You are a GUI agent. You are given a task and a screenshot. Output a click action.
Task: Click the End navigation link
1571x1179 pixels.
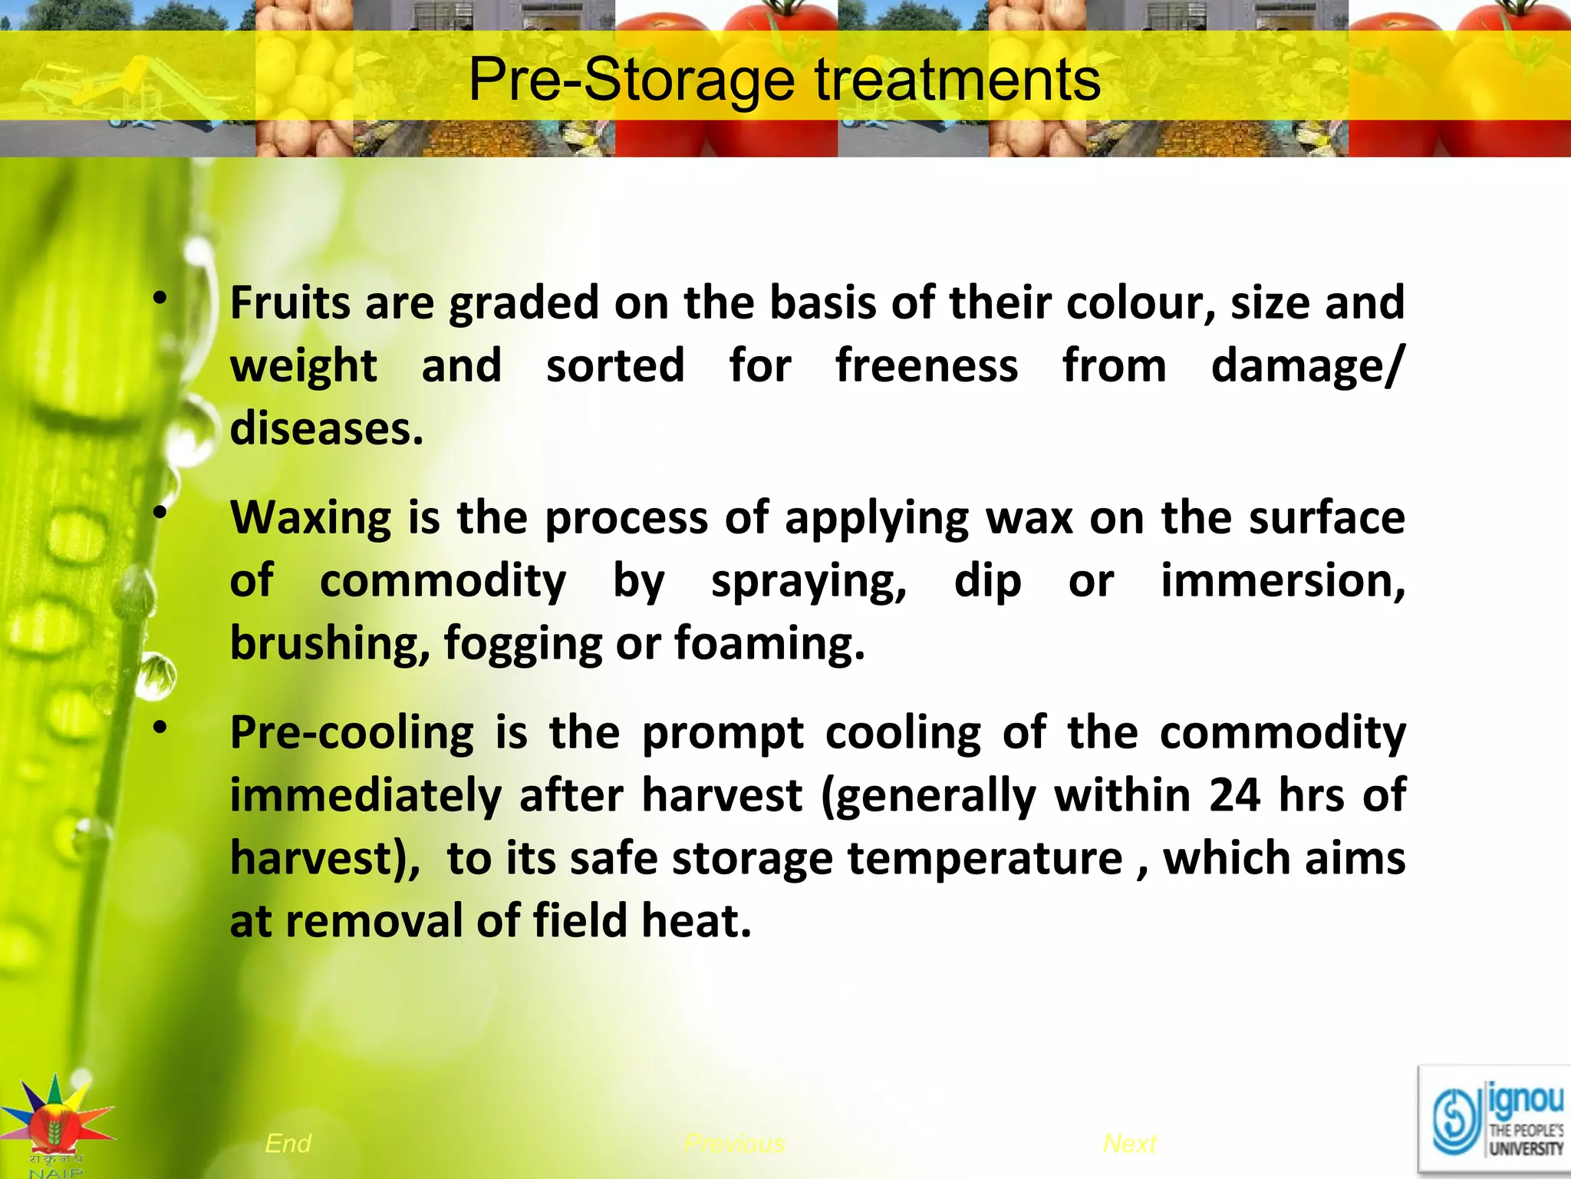tap(288, 1144)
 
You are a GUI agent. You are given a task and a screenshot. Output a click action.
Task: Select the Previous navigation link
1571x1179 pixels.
tap(734, 1144)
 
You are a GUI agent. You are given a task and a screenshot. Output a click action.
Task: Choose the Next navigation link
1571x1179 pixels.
tap(1129, 1144)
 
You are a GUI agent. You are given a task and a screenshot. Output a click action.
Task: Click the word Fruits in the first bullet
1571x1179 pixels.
tap(291, 302)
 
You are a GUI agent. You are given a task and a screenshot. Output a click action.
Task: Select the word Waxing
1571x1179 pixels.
tap(311, 519)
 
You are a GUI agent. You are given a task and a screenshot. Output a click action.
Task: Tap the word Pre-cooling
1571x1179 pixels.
tap(352, 733)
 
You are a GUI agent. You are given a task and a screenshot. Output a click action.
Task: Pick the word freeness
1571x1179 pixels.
tap(927, 365)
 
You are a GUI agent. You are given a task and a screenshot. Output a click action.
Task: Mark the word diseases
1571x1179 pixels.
tap(326, 428)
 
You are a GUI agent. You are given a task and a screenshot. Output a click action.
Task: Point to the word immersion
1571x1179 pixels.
tap(1283, 581)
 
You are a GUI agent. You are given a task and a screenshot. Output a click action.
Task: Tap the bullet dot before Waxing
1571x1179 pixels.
tap(160, 514)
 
